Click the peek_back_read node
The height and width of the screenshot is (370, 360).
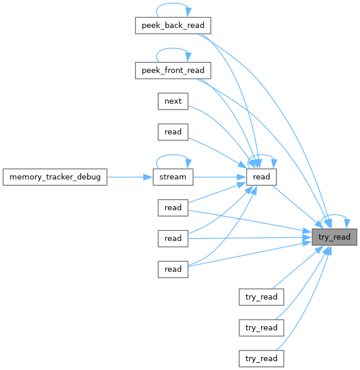pyautogui.click(x=173, y=25)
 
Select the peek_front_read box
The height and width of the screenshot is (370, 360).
pyautogui.click(x=173, y=70)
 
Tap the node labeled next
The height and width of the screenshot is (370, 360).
pyautogui.click(x=173, y=101)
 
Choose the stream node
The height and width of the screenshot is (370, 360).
pyautogui.click(x=173, y=176)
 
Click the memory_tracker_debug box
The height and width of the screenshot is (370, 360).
pyautogui.click(x=54, y=176)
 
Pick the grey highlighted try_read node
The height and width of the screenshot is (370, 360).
pyautogui.click(x=335, y=237)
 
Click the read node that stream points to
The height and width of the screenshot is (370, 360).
pyautogui.click(x=261, y=176)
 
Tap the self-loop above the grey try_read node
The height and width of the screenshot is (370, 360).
pyautogui.click(x=335, y=216)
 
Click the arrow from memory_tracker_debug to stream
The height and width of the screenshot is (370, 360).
pyautogui.click(x=127, y=176)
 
